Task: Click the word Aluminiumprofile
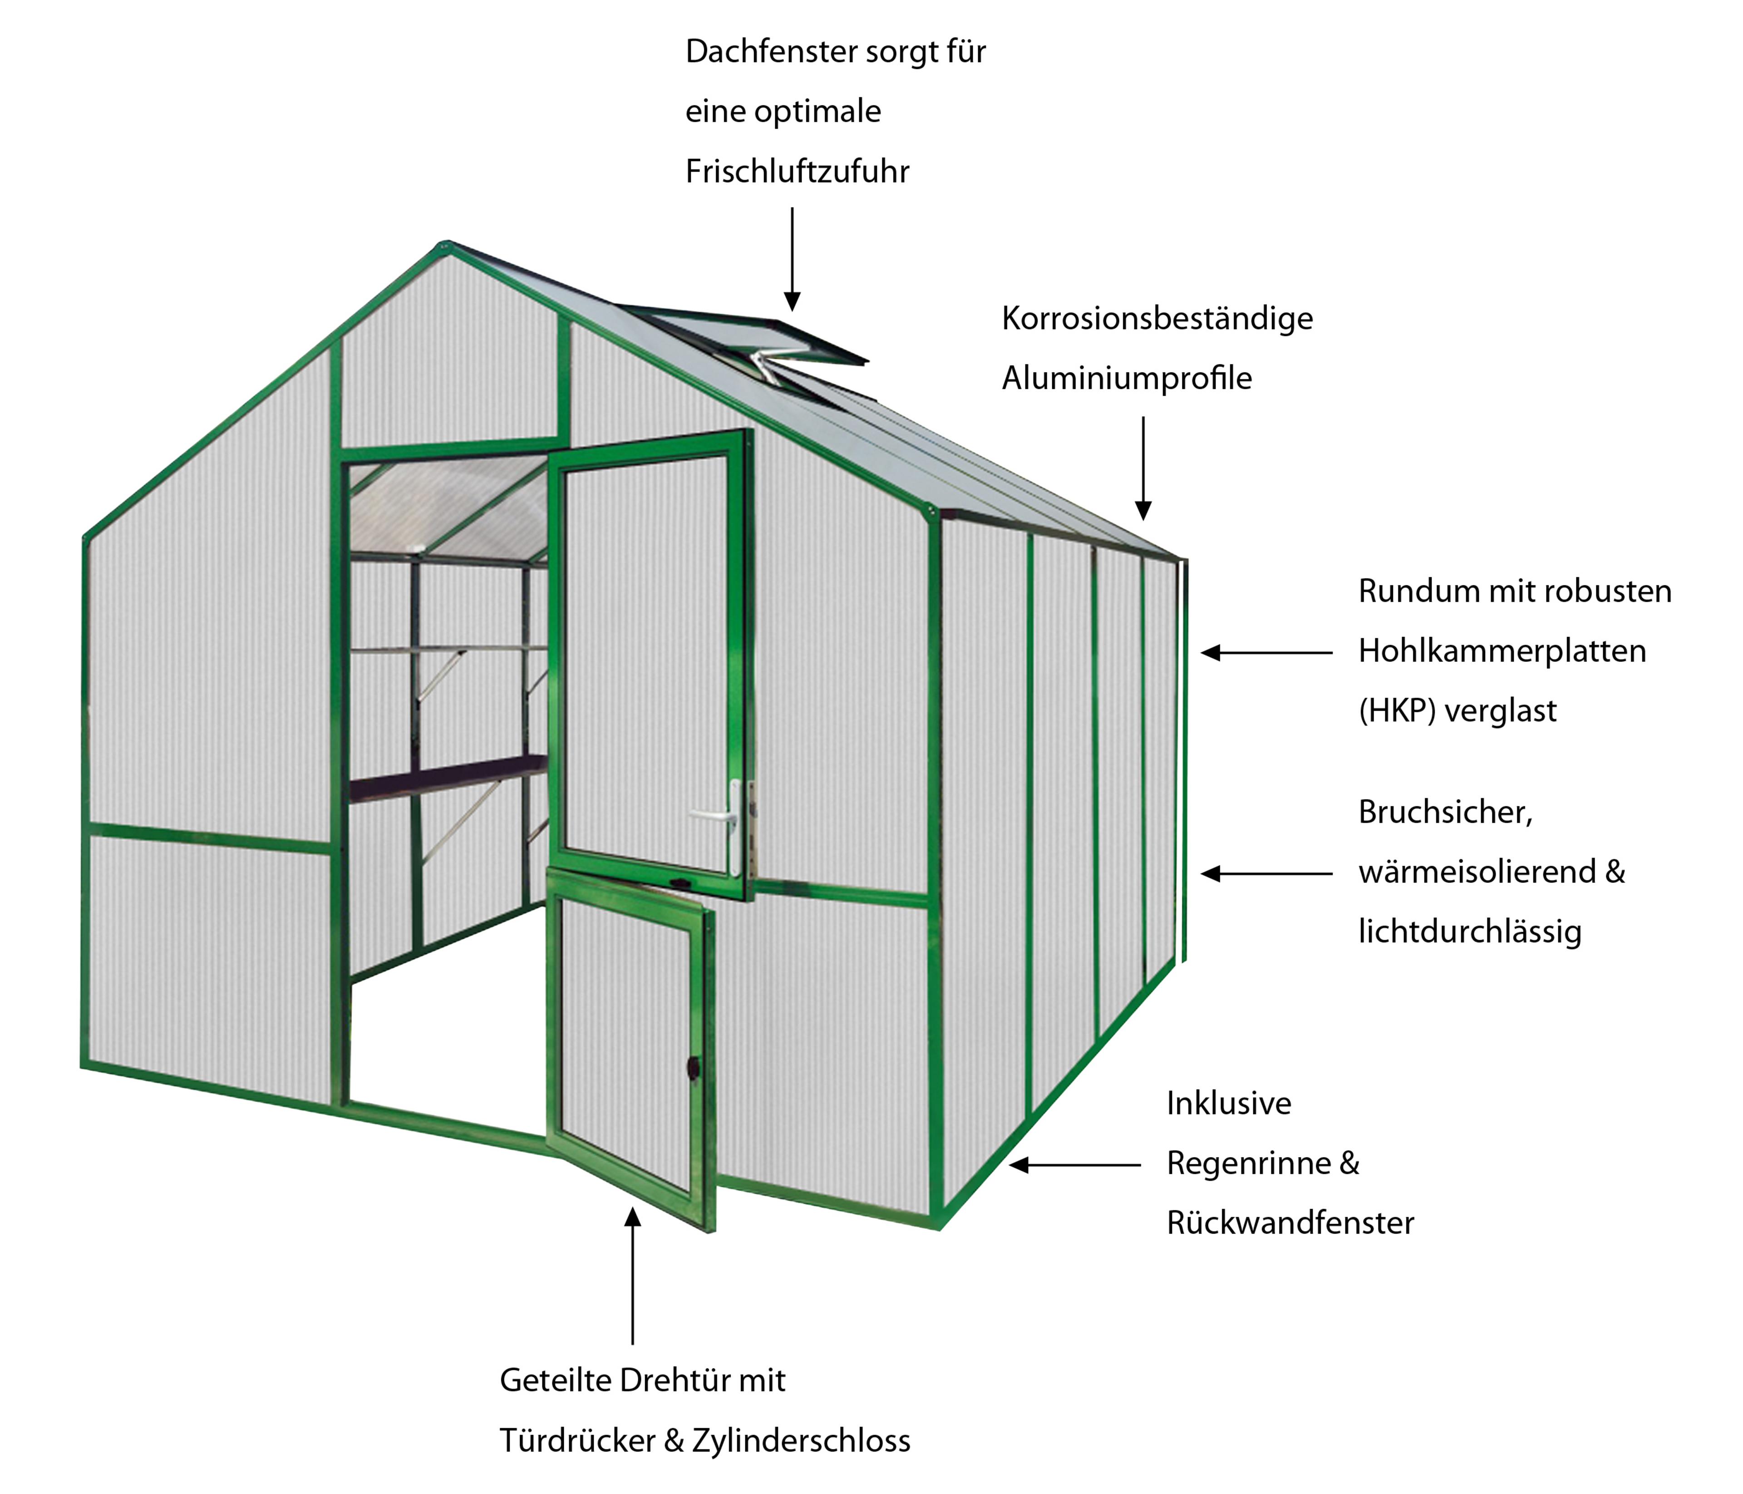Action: [x=1127, y=379]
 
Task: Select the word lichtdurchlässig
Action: [x=1470, y=932]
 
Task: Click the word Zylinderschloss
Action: [x=801, y=1441]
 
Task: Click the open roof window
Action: [x=757, y=336]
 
